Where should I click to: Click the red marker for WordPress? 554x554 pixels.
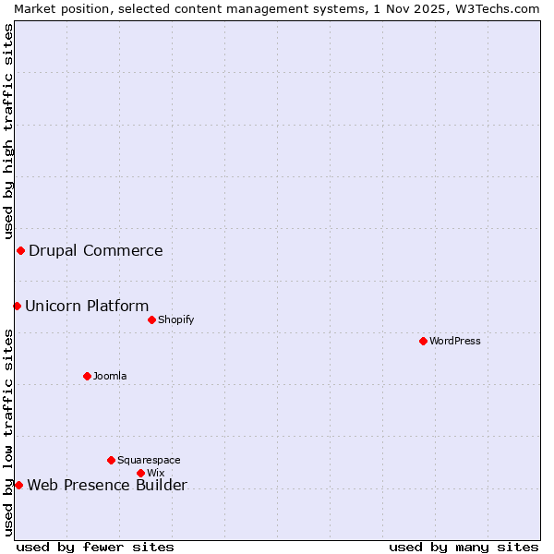coord(423,341)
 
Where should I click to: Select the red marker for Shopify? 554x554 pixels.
coord(151,319)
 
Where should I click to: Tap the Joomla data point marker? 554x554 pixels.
coord(87,376)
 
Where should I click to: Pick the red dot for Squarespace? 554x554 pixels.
coord(111,460)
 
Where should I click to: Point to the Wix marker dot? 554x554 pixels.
coord(140,473)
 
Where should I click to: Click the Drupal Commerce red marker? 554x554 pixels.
coord(20,250)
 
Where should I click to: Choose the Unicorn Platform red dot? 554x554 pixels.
coord(17,306)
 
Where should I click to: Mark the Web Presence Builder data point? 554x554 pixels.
coord(18,485)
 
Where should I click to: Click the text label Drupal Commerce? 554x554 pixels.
coord(96,250)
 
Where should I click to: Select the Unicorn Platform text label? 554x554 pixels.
coord(87,306)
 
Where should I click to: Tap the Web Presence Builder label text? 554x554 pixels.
coord(107,486)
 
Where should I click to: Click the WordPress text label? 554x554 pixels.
coord(455,341)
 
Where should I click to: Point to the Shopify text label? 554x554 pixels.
coord(175,319)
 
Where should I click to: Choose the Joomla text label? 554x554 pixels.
coord(110,376)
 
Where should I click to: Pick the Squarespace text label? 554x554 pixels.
coord(149,460)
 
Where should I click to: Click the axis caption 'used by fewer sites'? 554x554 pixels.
coord(95,547)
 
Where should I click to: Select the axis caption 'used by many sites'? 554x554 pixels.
coord(464,547)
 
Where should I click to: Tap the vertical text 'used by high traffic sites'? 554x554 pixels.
coord(8,129)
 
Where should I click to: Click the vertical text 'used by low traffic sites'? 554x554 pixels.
coord(8,429)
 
